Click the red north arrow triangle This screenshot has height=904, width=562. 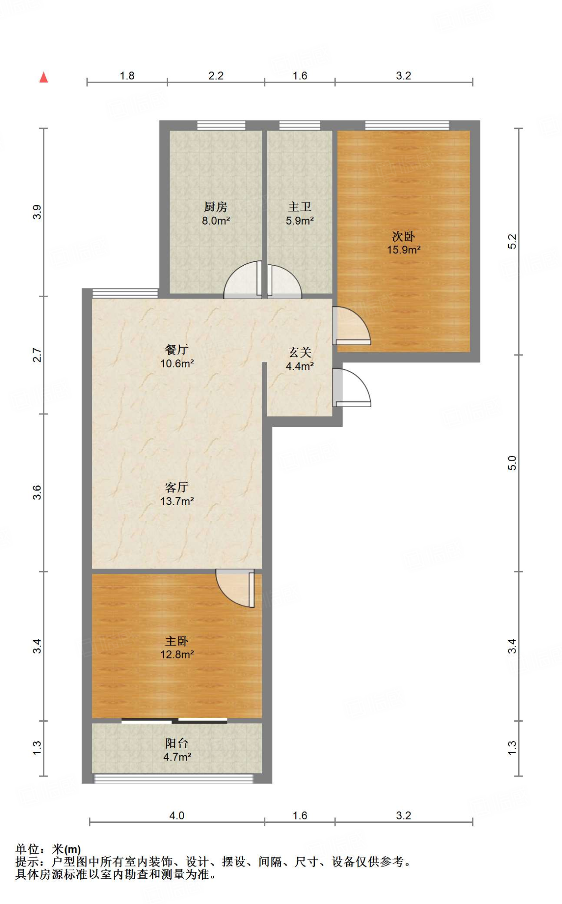(43, 78)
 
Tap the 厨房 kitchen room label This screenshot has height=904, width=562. (215, 207)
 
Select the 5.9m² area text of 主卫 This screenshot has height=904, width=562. (300, 221)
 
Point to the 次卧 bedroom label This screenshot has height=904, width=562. (404, 237)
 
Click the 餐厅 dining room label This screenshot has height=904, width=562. (177, 350)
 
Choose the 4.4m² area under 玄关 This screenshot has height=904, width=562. (300, 366)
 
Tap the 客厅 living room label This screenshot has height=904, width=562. (177, 487)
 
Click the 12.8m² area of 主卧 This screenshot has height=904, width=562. (177, 655)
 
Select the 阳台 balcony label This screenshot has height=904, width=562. (177, 743)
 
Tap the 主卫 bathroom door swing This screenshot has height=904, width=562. (283, 282)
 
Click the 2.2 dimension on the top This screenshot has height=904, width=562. (216, 76)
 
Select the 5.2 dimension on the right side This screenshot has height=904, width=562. (512, 241)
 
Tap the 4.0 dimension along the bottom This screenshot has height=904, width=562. (177, 815)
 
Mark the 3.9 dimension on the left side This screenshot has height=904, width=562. (37, 212)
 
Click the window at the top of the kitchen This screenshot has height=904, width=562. (221, 125)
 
